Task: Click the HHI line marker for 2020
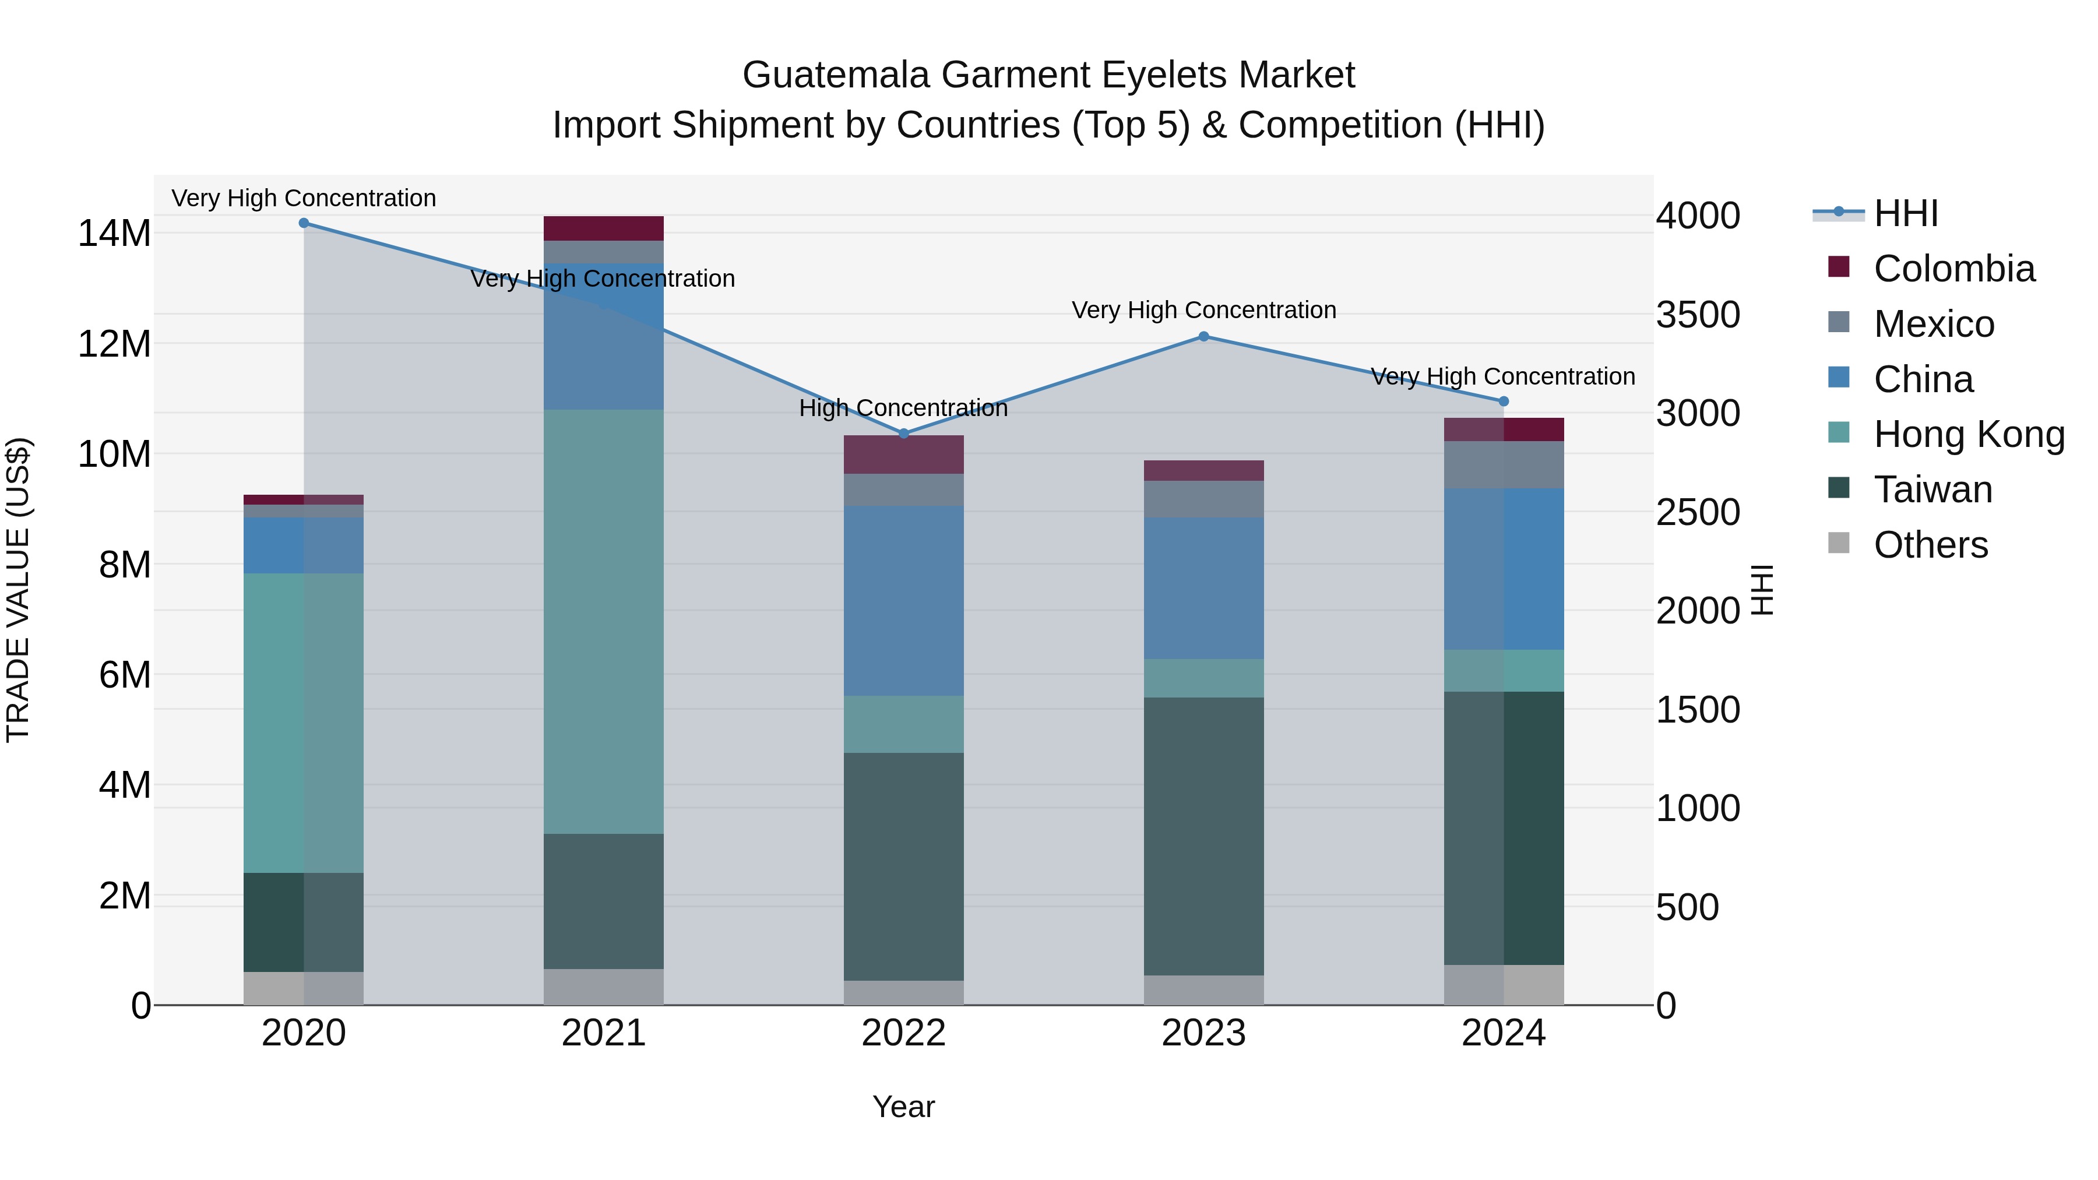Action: click(x=304, y=223)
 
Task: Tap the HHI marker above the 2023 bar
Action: click(x=1204, y=336)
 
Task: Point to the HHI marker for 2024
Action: click(x=1504, y=401)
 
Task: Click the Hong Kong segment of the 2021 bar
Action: click(x=604, y=621)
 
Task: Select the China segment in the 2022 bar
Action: click(x=903, y=600)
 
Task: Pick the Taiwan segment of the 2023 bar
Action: click(x=1204, y=836)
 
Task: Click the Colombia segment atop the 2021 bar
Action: click(x=604, y=228)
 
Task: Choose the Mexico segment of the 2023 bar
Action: click(x=1204, y=499)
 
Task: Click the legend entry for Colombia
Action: click(x=1953, y=269)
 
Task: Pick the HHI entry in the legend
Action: click(x=1905, y=213)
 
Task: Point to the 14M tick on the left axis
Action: click(x=114, y=234)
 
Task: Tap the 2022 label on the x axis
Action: click(x=903, y=1033)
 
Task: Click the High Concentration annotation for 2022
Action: click(x=903, y=408)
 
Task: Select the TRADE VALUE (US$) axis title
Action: click(x=19, y=590)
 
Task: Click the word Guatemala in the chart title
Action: click(x=836, y=75)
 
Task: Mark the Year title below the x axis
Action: click(x=903, y=1107)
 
